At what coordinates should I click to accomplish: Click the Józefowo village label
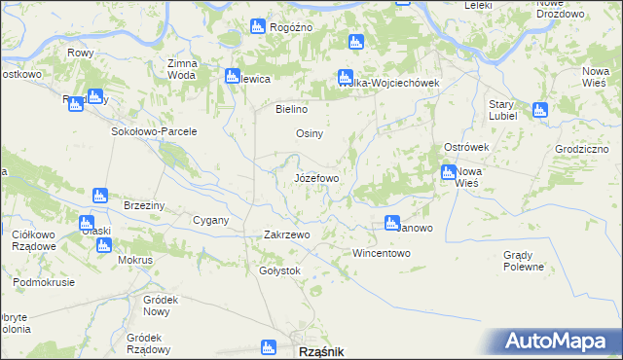[316, 179]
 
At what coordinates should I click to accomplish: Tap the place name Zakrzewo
[286, 234]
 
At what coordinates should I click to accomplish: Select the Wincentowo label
[382, 253]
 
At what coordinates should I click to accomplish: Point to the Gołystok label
[279, 270]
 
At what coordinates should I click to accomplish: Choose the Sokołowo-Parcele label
[155, 131]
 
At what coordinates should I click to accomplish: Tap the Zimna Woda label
[182, 69]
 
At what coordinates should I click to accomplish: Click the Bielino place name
[292, 109]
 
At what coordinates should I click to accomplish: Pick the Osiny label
[310, 133]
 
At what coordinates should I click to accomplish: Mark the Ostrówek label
[465, 146]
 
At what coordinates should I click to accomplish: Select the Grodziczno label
[583, 149]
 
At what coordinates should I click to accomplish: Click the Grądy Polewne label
[524, 261]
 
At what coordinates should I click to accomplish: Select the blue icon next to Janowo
[392, 223]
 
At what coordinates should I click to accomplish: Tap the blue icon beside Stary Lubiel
[540, 110]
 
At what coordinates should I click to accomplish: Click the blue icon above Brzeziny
[99, 196]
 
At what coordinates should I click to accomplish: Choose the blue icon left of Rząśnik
[269, 347]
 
